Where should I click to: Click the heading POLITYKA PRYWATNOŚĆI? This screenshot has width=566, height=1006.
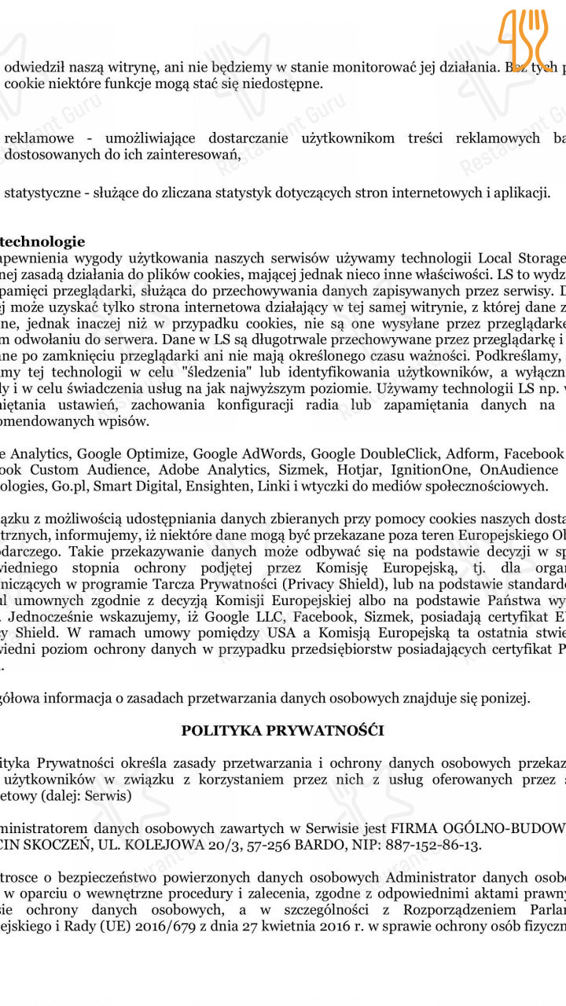pos(282,730)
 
